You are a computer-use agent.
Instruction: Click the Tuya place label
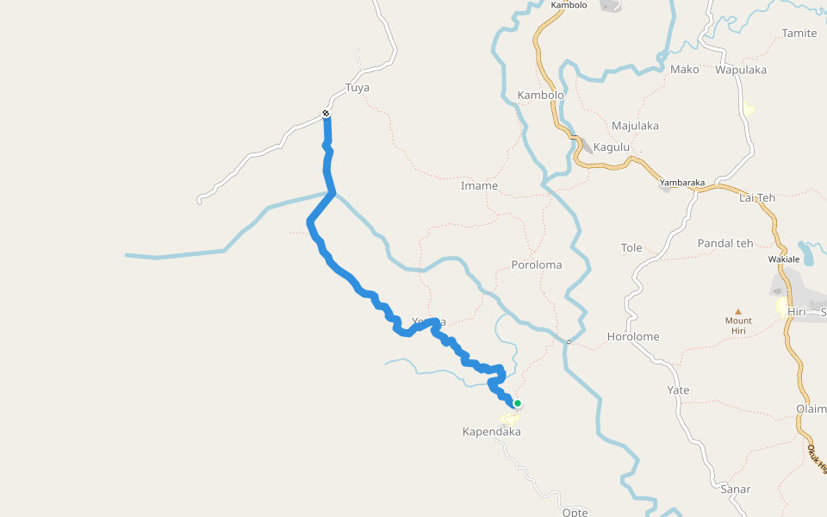click(358, 88)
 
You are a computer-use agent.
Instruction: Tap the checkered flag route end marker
click(326, 114)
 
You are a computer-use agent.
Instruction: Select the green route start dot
click(518, 402)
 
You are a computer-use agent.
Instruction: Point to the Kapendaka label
click(492, 432)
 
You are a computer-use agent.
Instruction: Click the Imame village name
click(479, 186)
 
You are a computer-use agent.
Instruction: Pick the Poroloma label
click(536, 265)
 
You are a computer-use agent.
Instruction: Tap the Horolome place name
click(633, 337)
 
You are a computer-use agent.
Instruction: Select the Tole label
click(631, 248)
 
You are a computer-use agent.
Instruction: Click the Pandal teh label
click(725, 243)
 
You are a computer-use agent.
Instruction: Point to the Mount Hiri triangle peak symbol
click(737, 312)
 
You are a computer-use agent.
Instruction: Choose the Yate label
click(678, 390)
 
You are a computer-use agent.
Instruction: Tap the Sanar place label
click(736, 489)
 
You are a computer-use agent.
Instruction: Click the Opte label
click(575, 512)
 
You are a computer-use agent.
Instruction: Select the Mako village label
click(685, 70)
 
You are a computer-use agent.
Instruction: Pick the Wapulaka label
click(741, 70)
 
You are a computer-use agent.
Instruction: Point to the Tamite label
click(799, 34)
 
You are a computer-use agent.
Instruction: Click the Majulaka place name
click(635, 126)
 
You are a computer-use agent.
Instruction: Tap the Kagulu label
click(612, 147)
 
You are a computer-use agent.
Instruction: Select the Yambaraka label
click(682, 183)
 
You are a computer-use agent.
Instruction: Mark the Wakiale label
click(784, 259)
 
